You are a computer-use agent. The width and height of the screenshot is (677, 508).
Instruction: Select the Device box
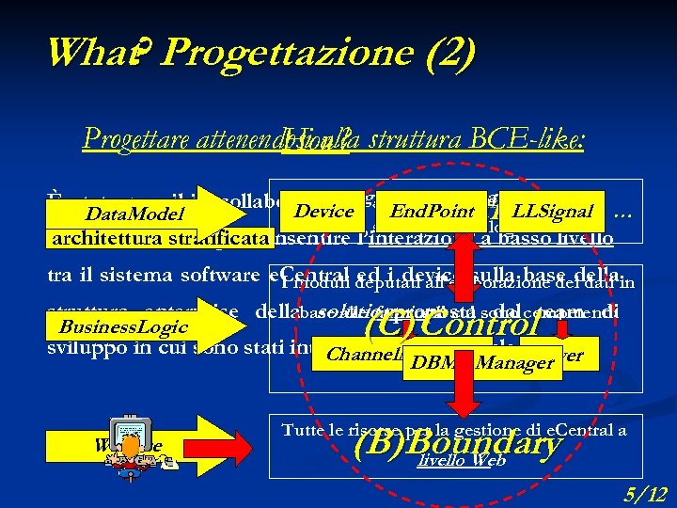pos(323,212)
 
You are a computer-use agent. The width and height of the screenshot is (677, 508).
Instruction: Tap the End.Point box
pos(432,212)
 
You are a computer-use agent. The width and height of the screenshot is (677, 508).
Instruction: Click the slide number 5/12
pos(646,492)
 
